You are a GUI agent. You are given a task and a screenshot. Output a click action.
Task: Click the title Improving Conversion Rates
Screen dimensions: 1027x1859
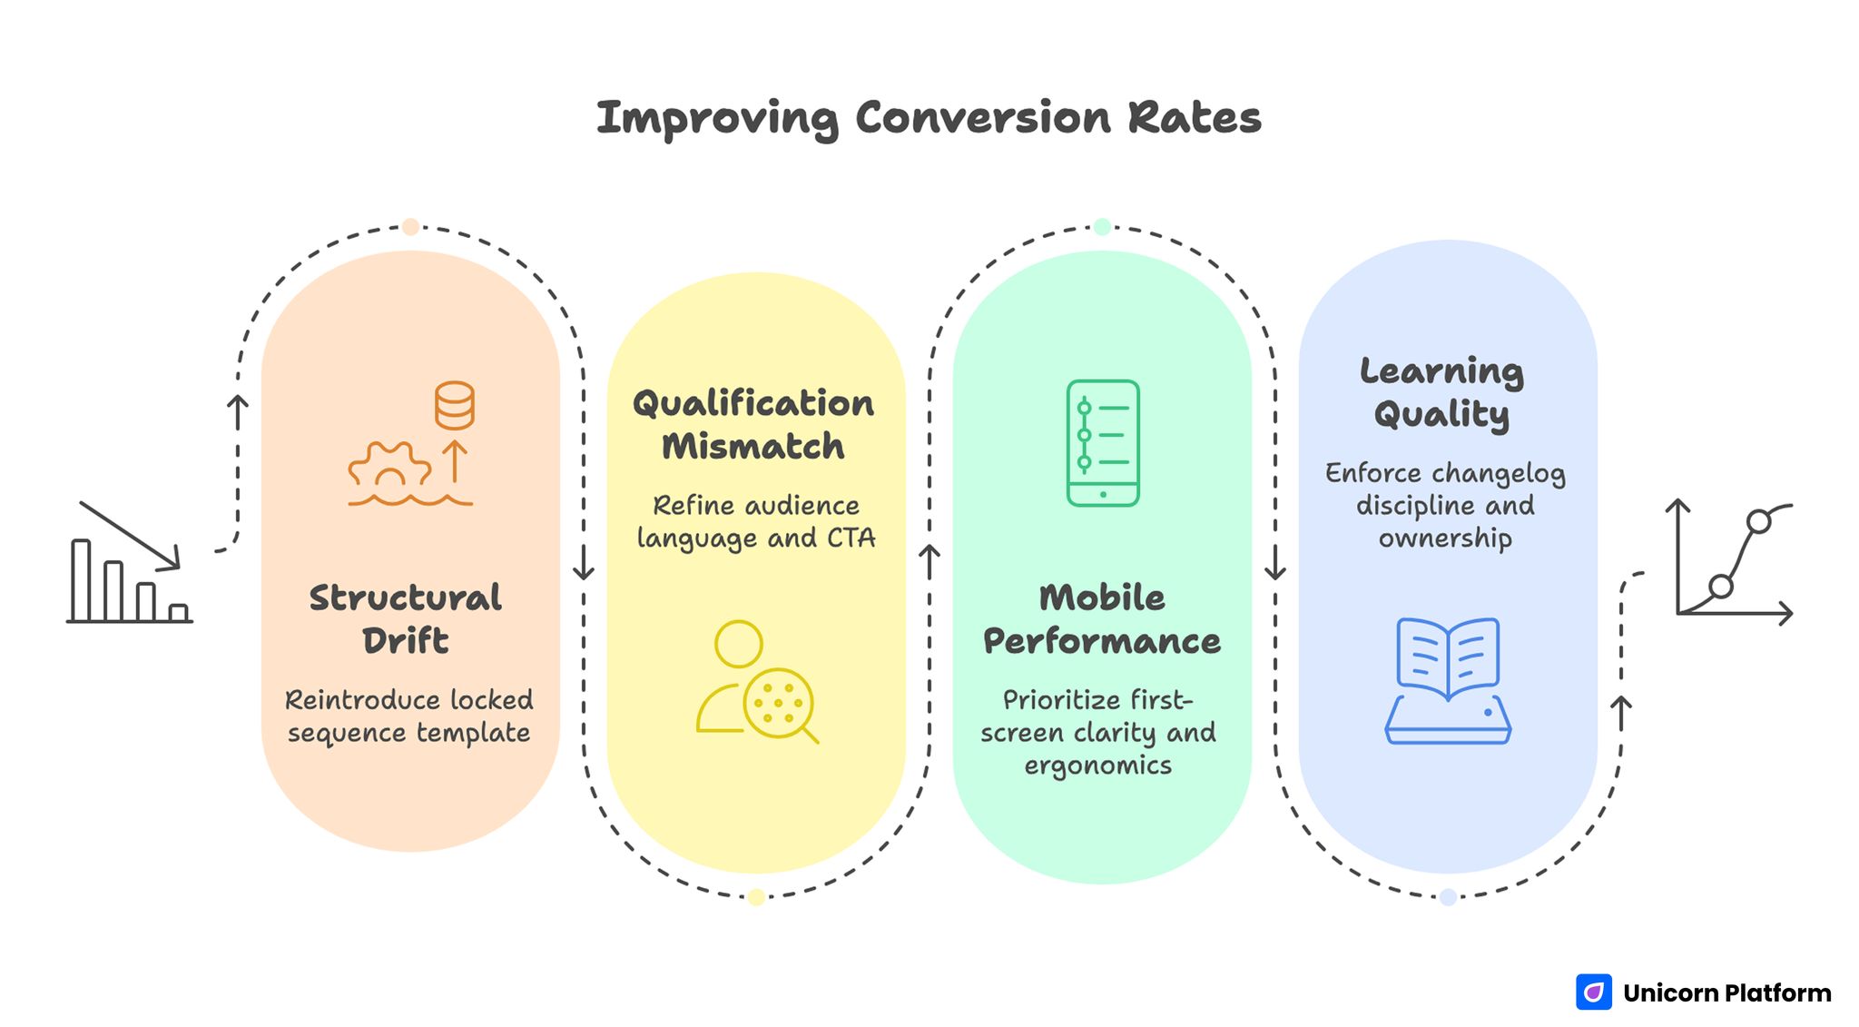pos(929,118)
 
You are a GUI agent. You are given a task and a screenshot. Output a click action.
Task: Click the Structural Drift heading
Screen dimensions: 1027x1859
pos(406,619)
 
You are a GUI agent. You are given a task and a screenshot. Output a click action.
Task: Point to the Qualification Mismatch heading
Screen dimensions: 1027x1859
pos(753,425)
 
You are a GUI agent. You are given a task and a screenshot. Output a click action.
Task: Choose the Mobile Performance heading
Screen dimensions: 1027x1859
pos(1101,619)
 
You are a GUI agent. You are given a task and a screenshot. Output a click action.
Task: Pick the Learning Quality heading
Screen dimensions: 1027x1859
pos(1441,392)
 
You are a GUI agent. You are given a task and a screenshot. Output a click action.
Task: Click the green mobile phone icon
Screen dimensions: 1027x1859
pos(1103,443)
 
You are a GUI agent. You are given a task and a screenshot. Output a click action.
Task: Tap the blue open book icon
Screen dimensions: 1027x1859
pos(1448,681)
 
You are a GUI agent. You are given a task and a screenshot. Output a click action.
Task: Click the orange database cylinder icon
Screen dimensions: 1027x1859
pos(454,405)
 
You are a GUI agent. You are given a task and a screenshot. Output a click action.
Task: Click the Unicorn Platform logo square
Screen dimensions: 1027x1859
pos(1593,992)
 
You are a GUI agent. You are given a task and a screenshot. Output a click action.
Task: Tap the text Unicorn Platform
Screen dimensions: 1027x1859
pos(1726,993)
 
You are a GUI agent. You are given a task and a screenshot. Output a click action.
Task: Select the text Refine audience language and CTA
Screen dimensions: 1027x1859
pos(755,522)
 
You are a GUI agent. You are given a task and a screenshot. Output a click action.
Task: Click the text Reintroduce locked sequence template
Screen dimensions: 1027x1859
pos(408,716)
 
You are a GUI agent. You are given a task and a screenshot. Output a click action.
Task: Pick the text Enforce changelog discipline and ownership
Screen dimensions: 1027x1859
pos(1445,506)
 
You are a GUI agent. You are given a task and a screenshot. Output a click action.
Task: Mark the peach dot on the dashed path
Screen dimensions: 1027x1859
pos(410,227)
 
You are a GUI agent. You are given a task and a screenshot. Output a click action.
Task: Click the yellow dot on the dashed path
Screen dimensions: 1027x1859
pos(756,897)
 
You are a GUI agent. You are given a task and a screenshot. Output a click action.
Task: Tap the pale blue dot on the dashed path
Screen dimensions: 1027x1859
pos(1448,897)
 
